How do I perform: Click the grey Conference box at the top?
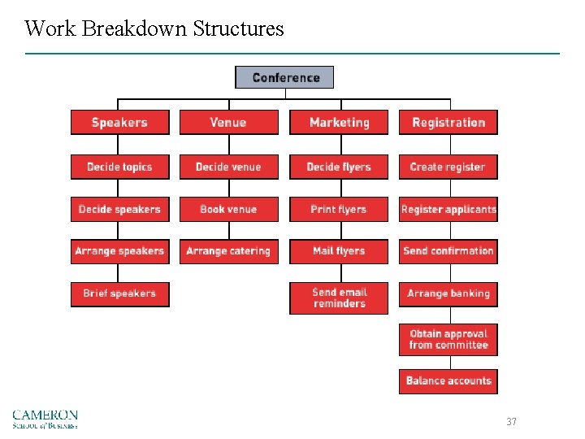284,78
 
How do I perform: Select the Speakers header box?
119,123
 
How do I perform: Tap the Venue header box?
228,123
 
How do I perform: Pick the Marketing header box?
339,123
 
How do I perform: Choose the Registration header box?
448,123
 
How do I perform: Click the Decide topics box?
119,167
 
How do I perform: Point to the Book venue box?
228,209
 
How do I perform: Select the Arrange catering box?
228,251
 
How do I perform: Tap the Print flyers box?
339,209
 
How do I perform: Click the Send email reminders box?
339,298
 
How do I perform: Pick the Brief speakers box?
119,293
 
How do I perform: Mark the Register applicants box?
448,209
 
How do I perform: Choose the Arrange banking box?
448,293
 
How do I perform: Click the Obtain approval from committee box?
448,339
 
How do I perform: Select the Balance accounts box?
448,380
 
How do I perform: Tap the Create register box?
448,167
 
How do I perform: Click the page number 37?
511,422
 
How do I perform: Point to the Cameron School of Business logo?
45,419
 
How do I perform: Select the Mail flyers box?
339,251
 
